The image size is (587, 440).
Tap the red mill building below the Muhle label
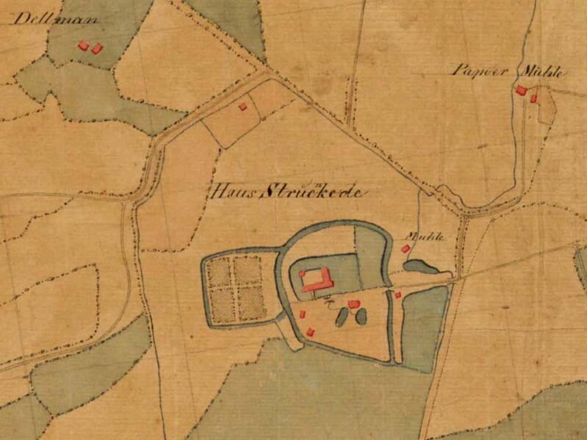point(405,249)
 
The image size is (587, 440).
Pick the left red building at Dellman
point(84,46)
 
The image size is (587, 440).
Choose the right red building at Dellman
point(97,48)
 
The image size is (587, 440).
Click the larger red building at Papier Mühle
point(521,91)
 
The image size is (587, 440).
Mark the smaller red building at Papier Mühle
point(534,98)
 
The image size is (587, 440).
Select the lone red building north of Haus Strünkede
point(242,107)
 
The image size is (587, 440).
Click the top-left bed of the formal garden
point(220,273)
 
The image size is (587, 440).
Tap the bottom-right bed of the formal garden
point(250,303)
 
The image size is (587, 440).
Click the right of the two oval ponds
point(360,317)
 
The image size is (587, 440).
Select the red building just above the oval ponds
point(353,303)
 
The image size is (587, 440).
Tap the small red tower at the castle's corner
point(301,273)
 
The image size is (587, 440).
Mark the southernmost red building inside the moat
point(310,331)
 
